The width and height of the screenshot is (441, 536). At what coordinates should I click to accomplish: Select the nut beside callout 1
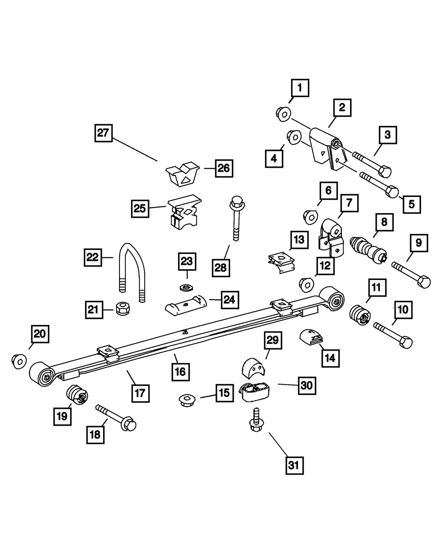tap(283, 114)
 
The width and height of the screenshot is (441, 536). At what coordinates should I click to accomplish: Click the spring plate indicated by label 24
tap(185, 305)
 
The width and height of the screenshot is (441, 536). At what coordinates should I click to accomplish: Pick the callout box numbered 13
tap(299, 240)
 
